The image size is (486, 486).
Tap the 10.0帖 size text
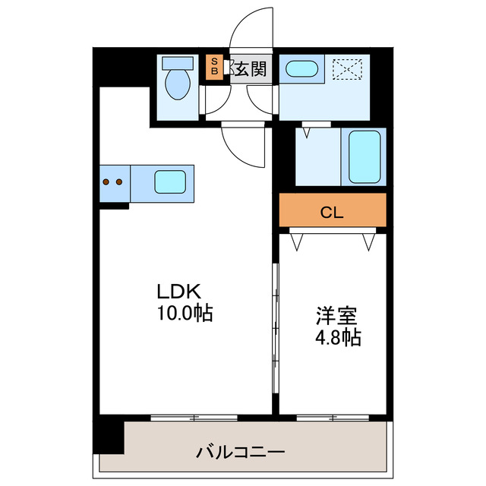(185, 311)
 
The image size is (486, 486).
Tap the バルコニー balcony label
(241, 453)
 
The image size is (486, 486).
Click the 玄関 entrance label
(249, 70)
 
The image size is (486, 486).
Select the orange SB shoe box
(214, 66)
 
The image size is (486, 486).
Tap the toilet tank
(178, 62)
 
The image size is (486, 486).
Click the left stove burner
(107, 182)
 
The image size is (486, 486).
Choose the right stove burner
(119, 182)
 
